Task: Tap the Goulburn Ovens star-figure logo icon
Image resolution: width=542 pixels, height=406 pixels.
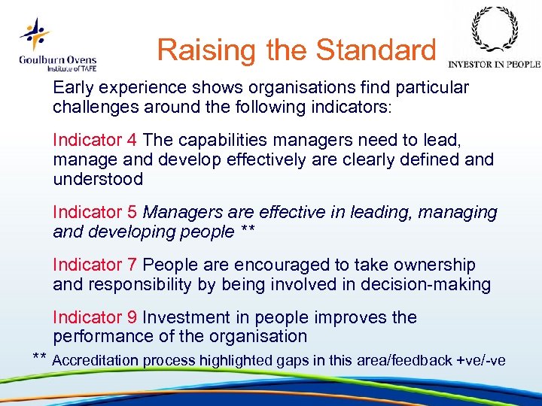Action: [35, 34]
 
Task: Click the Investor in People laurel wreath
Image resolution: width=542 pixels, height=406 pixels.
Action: [494, 30]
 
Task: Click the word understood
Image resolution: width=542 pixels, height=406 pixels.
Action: [98, 180]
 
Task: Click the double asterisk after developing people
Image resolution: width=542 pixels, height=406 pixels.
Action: [248, 232]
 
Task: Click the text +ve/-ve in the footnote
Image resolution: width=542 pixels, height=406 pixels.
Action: [481, 361]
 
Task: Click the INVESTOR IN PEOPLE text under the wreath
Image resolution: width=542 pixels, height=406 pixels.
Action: [494, 65]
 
